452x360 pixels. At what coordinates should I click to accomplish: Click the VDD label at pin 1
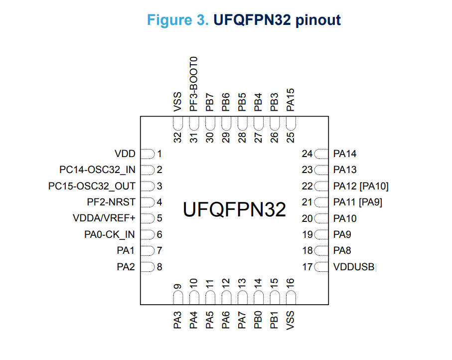(x=125, y=154)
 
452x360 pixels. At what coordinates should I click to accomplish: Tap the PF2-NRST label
(x=111, y=202)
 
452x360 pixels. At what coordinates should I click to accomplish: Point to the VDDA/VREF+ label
(x=104, y=218)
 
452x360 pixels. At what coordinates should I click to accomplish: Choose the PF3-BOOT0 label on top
(x=194, y=84)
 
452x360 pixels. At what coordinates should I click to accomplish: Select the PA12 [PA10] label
(x=361, y=186)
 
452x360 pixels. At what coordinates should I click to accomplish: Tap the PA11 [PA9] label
(x=358, y=202)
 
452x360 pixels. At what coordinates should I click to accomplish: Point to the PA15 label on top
(x=291, y=99)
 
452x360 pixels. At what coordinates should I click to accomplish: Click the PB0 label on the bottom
(x=258, y=319)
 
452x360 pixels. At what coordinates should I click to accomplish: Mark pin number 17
(x=307, y=267)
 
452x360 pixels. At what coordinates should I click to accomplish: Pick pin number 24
(x=307, y=154)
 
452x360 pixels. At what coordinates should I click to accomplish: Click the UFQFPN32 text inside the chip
(x=234, y=209)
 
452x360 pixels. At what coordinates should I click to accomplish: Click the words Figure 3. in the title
(x=178, y=20)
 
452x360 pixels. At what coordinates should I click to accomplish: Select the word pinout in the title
(x=317, y=20)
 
